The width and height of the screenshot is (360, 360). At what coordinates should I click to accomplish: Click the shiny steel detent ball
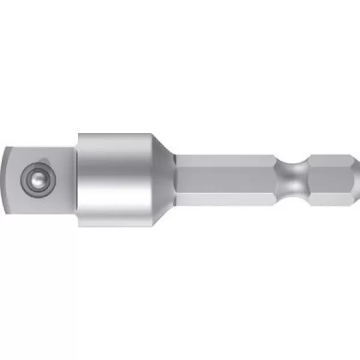click(34, 178)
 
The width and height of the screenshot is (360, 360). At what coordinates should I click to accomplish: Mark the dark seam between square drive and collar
click(76, 179)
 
